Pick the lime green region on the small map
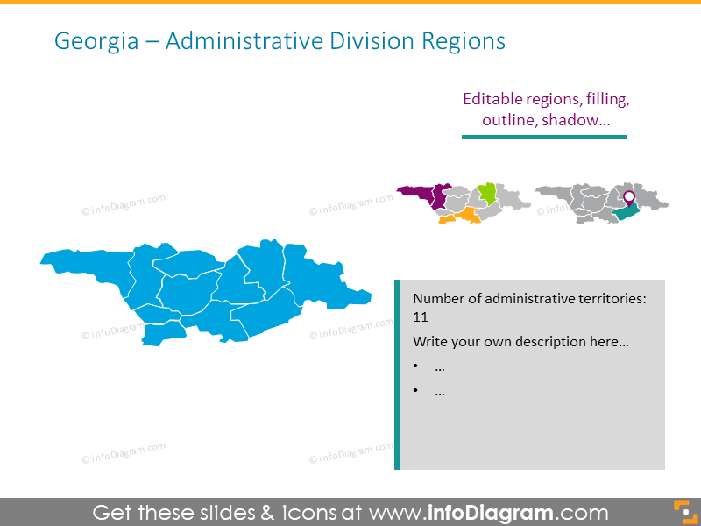(x=486, y=193)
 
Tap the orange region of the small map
(x=463, y=217)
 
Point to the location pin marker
(x=627, y=196)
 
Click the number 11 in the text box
(x=421, y=317)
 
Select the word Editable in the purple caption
(x=494, y=99)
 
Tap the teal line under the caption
(x=544, y=137)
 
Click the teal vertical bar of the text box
(x=397, y=374)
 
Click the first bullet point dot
(x=417, y=366)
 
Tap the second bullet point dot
(x=417, y=392)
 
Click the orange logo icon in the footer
(x=683, y=511)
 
